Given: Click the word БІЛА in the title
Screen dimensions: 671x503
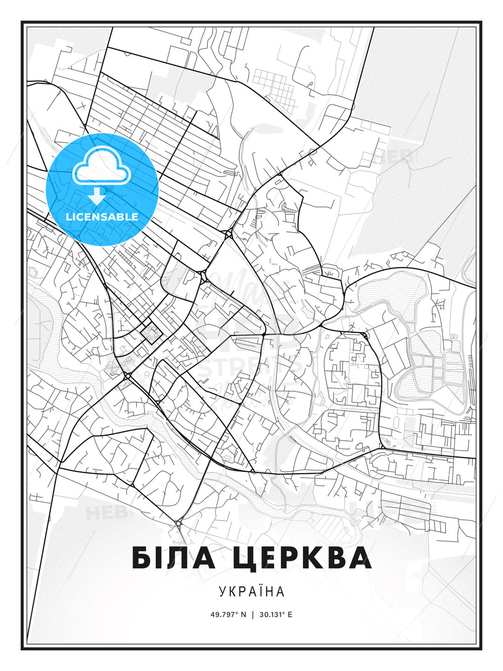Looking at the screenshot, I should (174, 558).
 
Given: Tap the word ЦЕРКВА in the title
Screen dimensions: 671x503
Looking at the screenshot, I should (301, 558).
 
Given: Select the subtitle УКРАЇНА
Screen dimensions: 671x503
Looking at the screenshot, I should (251, 591).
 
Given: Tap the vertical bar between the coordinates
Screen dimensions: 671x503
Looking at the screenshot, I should (252, 615).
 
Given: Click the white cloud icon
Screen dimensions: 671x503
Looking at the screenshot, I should (97, 167).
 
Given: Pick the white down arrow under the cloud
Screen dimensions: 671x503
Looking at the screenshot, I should (97, 196).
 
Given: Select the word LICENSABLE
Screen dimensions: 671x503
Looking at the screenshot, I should (102, 217).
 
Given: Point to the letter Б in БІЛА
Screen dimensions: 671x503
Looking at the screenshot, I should (143, 558).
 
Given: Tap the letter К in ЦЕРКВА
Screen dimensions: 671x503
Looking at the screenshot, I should (320, 558).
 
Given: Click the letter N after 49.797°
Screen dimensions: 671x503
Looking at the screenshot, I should (243, 615).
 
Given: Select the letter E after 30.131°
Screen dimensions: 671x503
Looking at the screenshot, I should (290, 615).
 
